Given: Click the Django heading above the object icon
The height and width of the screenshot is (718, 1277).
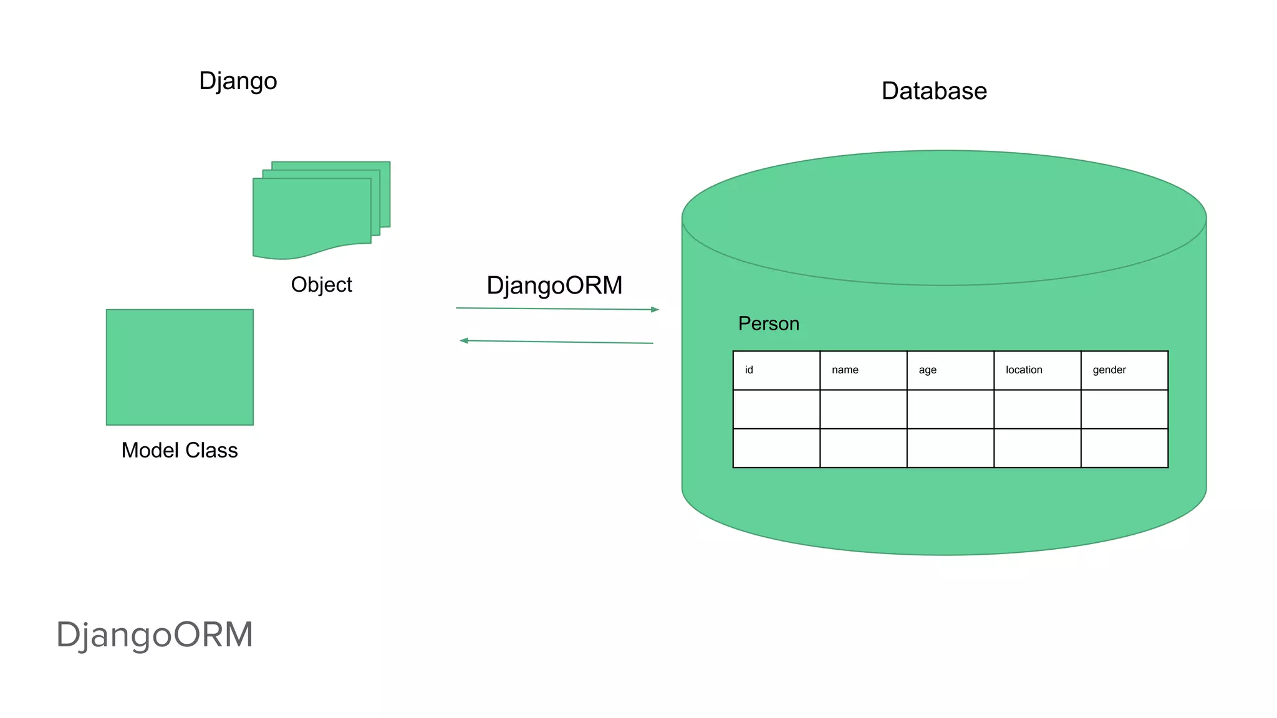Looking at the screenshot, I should point(238,82).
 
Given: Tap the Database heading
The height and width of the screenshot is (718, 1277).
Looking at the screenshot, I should point(933,91).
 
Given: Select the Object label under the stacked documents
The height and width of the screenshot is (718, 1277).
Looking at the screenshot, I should point(321,285).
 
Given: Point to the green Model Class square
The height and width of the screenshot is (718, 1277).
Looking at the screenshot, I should point(180,367).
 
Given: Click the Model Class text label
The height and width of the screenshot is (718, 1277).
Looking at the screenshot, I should point(180,450).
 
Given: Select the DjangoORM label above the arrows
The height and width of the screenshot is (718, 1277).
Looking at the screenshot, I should point(554,285).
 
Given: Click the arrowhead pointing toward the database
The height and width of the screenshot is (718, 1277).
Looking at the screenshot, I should point(655,309).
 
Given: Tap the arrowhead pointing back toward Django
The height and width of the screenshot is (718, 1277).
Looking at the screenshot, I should point(463,340).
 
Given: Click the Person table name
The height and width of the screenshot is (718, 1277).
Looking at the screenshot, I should point(768,323).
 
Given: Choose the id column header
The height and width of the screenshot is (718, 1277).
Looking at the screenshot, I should point(749,370).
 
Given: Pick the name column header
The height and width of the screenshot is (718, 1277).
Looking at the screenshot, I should point(845,370).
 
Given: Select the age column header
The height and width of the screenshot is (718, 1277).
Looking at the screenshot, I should point(927,370).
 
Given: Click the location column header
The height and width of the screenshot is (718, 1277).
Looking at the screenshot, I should point(1023,370).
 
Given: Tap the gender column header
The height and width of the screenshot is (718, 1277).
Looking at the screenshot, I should point(1109,370).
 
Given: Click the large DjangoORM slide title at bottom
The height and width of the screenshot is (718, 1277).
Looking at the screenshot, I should point(155,634).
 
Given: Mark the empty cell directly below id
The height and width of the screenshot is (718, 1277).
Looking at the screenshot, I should point(776,409).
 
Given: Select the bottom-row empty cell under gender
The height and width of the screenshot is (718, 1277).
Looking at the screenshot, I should point(1124,448).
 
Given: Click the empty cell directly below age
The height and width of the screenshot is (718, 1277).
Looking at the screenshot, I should point(950,409).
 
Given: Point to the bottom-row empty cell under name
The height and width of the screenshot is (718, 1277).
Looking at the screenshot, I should point(863,448).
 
